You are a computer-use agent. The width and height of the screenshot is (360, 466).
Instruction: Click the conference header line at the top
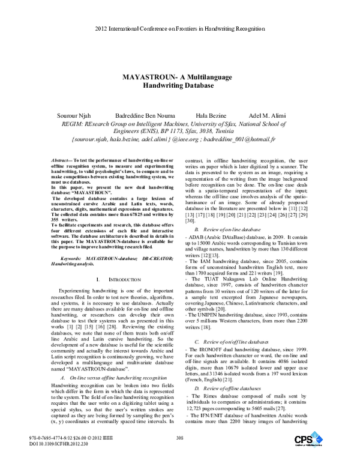click(180, 29)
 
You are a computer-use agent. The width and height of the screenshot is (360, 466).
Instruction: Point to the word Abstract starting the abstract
click(59, 162)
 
